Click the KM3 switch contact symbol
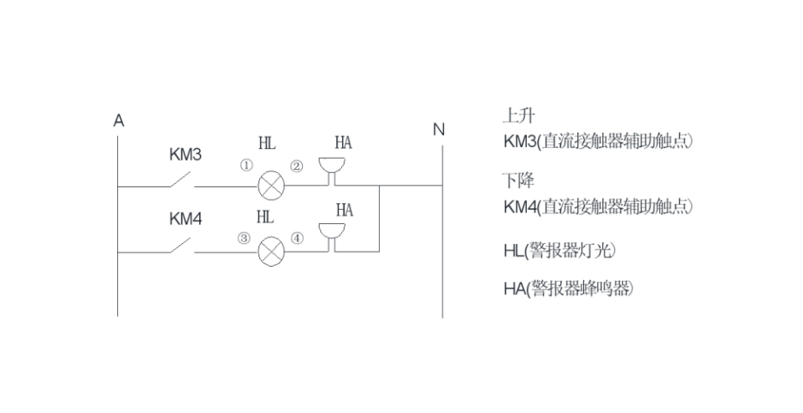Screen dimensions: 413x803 coord(180,181)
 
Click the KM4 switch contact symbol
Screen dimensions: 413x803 coord(180,245)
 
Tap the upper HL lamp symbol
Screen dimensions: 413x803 coord(270,186)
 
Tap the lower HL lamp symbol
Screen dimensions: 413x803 coord(270,250)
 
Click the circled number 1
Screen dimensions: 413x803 coord(246,166)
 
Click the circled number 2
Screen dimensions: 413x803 coord(296,166)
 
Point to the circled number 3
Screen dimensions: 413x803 coord(244,237)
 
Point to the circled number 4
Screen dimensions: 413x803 coord(296,237)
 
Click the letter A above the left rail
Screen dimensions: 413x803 coord(119,120)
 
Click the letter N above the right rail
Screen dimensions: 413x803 coord(438,130)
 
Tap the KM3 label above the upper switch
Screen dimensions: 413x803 coord(186,155)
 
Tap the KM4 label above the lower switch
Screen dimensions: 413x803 coord(186,219)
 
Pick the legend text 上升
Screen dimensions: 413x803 coord(519,116)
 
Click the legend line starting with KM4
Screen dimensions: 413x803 coord(597,206)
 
